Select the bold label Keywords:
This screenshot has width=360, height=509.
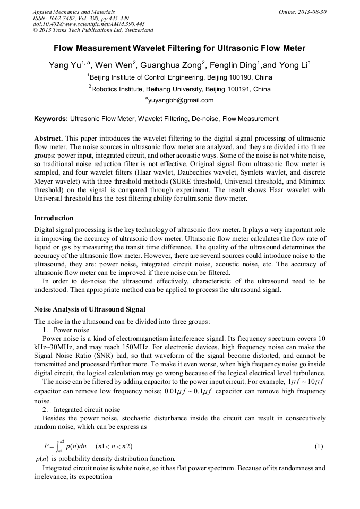51,119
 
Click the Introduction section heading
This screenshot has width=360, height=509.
54,218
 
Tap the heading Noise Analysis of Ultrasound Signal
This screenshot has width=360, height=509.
89,309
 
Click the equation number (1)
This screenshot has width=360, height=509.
319,446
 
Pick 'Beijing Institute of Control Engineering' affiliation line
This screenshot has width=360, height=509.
180,77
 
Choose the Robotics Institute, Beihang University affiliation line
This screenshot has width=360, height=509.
180,89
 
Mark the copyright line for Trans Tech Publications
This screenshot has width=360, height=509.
93,30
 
